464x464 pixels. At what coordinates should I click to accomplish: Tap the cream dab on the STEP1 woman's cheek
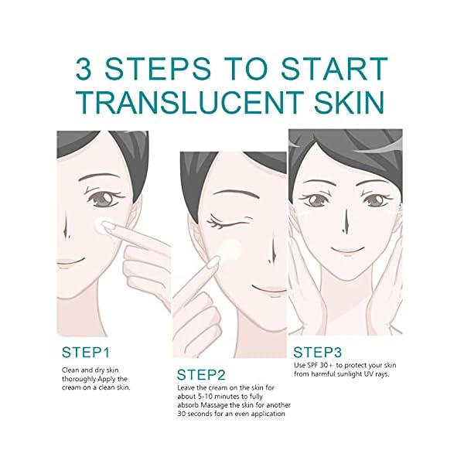click(99, 225)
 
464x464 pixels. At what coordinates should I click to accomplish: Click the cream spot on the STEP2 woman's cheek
click(229, 249)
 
